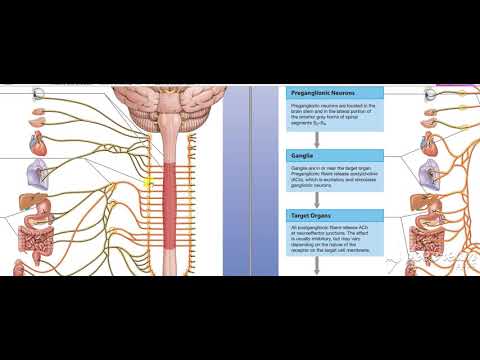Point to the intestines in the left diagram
tap(37, 238)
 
